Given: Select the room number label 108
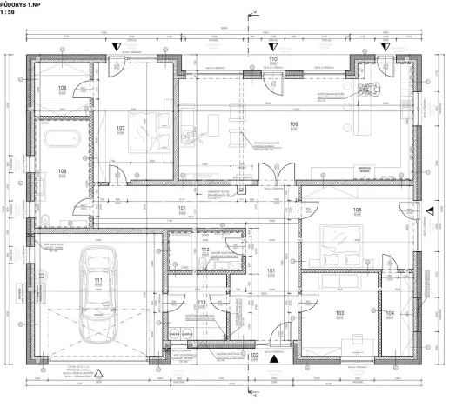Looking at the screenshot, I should [x=63, y=89].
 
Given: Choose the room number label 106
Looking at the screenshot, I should [x=293, y=124].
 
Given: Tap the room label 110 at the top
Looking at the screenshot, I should [x=272, y=59].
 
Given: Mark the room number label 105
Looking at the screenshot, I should [x=357, y=210].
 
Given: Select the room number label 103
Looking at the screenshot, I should [x=340, y=312].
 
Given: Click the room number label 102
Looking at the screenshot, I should [x=255, y=355].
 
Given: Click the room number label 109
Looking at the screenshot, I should [x=63, y=171].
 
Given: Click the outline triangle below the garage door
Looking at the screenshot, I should [x=98, y=375].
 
